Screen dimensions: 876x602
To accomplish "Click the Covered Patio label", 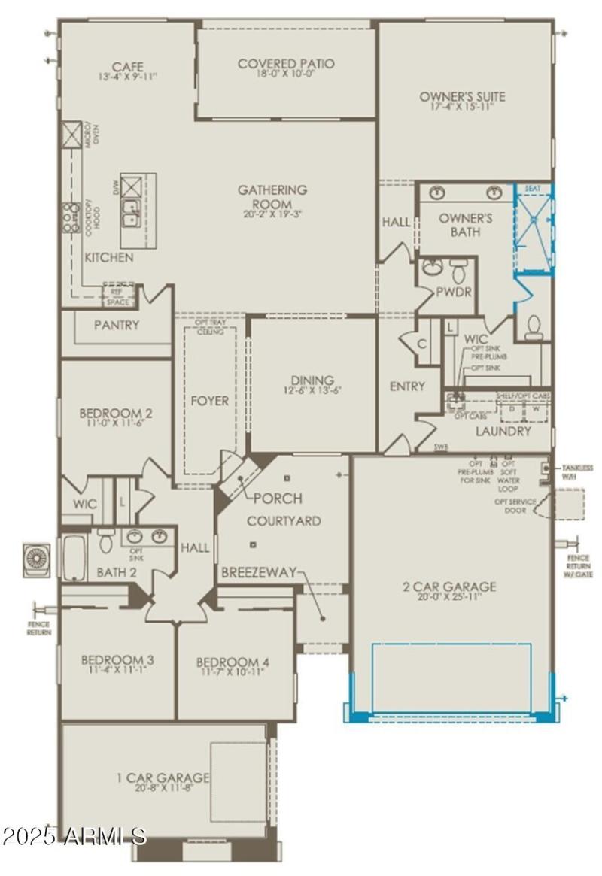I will pos(286,64).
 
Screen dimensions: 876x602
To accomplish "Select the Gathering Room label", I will pos(272,190).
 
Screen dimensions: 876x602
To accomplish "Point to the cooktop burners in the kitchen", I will pos(72,216).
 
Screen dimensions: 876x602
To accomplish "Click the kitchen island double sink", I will pos(131,213).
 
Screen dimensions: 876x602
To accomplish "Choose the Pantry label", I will pos(116,325).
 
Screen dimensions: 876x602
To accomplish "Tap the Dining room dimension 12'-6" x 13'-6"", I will pos(312,390).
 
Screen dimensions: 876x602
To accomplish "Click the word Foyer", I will pos(209,401).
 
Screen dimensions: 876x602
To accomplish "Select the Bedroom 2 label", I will pos(116,413).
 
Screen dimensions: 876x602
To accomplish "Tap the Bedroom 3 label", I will pos(117,660).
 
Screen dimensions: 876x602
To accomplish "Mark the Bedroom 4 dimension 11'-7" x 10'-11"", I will pos(233,672).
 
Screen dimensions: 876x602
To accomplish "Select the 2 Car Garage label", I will pos(448,587).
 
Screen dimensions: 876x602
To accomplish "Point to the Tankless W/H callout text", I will pos(577,471).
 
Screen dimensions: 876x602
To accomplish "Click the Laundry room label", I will pos(503,432).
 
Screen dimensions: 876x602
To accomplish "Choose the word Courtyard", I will pos(284,521).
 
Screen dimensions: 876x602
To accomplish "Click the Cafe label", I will pos(127,67).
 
